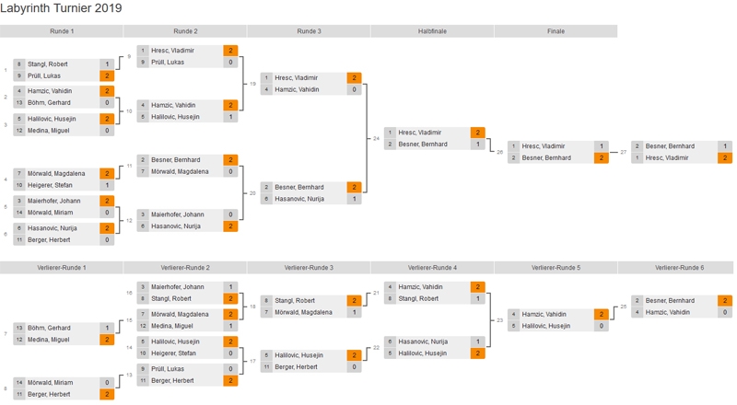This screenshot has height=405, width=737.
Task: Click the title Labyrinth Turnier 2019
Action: tap(62, 8)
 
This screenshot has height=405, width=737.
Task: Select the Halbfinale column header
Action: tap(432, 31)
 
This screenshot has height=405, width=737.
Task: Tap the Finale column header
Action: tap(556, 31)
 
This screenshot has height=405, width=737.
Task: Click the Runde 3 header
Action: tap(309, 31)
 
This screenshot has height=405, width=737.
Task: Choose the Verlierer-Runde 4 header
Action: tap(432, 268)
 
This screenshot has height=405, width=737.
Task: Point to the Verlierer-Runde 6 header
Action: tap(679, 268)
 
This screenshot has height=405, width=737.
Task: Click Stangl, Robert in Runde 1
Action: tap(47, 64)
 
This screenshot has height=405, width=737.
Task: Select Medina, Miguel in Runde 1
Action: tap(45, 131)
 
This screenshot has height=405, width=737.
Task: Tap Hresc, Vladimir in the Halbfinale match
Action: tap(420, 133)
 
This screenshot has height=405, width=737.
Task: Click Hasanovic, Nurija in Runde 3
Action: tap(296, 199)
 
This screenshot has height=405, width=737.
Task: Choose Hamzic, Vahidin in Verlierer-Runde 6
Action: tap(663, 312)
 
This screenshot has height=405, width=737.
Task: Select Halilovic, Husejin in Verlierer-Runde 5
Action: tap(543, 326)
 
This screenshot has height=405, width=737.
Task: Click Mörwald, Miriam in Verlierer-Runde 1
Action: tap(50, 382)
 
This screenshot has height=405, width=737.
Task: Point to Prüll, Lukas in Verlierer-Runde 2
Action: tap(168, 369)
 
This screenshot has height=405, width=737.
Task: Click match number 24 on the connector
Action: tap(376, 138)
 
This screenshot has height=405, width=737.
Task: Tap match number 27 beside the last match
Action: tap(624, 152)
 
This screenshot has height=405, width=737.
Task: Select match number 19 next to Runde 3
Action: tap(252, 84)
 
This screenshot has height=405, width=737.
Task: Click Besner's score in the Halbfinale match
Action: tap(477, 145)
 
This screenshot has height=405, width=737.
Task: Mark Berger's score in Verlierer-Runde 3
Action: tap(354, 367)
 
